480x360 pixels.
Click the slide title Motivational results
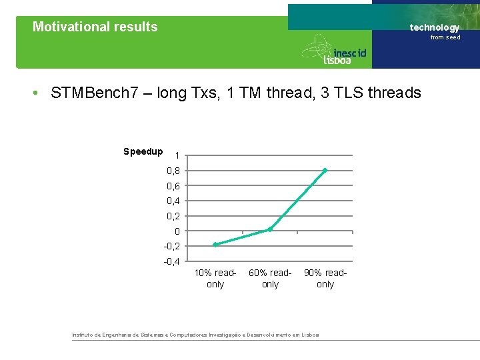coord(95,27)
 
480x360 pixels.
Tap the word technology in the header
coord(434,27)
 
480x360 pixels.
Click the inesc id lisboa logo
coord(335,51)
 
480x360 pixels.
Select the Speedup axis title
coord(143,151)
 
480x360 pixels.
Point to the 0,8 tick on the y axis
coord(173,171)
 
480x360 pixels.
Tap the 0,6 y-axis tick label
coord(173,186)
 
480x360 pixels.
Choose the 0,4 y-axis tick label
coord(173,201)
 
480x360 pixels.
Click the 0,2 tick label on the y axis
coord(173,216)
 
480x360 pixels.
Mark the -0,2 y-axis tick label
coord(171,246)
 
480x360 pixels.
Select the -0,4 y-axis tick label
coord(171,261)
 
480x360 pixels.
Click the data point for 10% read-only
coord(215,245)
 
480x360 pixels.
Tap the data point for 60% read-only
coord(270,229)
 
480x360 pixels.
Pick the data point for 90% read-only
coord(325,171)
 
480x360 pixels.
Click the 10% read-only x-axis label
coord(215,279)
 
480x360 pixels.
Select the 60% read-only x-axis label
coord(270,279)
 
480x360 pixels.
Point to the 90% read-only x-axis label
coord(325,279)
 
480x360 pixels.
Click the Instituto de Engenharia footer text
coord(195,335)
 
